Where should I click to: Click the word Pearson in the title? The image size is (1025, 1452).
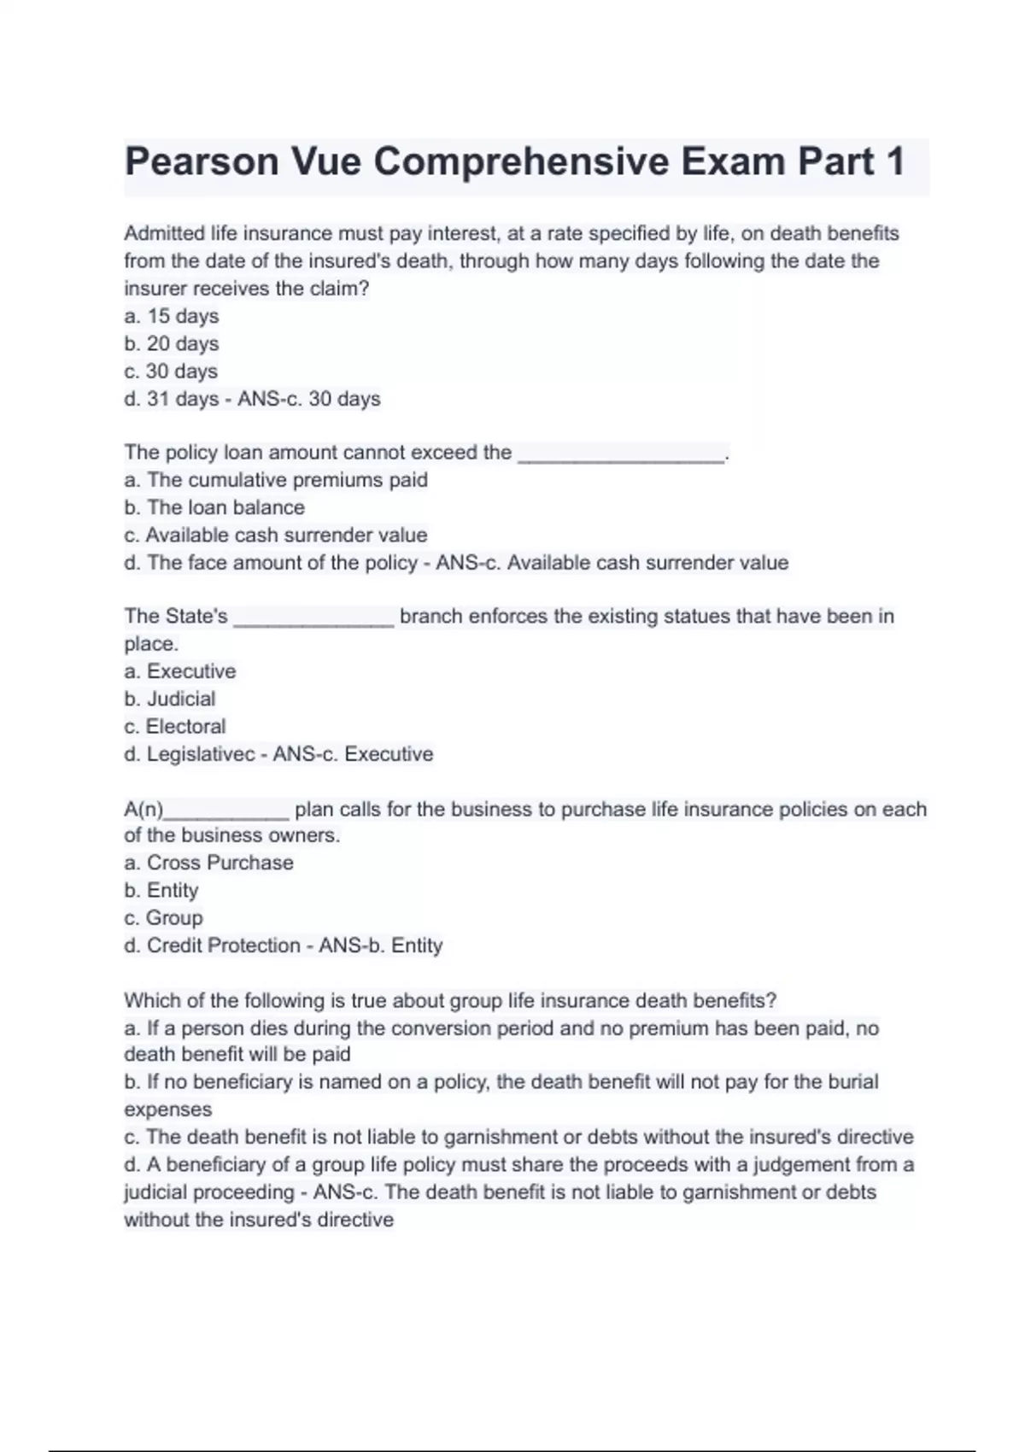(x=202, y=161)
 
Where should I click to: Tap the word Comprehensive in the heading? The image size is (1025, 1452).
(x=523, y=161)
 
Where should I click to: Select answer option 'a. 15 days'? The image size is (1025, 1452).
(x=172, y=316)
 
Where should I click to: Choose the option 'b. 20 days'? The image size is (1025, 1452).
(x=172, y=343)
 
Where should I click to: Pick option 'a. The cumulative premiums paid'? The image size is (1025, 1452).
(x=276, y=480)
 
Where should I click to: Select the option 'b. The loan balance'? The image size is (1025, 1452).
(x=214, y=507)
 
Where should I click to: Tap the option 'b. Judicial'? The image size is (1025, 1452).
(x=170, y=699)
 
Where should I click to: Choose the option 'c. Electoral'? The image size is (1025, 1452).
(x=175, y=726)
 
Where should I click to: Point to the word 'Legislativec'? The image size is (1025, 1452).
(x=201, y=754)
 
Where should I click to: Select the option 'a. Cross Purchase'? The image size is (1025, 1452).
(x=209, y=863)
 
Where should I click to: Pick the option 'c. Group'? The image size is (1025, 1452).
(x=163, y=917)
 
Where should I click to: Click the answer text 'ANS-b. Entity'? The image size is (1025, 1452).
(x=381, y=946)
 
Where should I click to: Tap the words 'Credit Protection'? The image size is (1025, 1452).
(x=224, y=946)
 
